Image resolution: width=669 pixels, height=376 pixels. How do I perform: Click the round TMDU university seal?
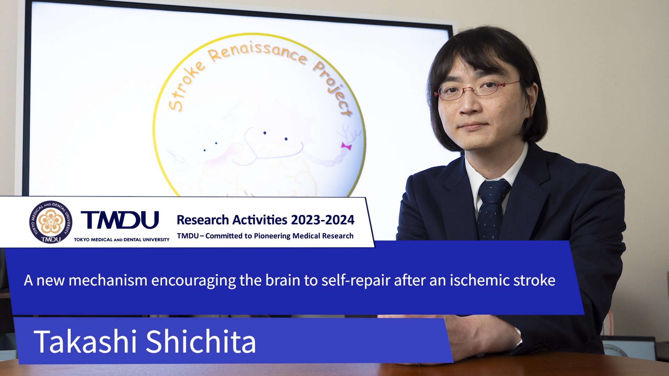click(x=51, y=222)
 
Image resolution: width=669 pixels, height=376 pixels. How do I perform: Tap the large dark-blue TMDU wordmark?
click(x=120, y=220)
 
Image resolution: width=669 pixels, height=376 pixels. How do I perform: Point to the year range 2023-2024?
click(x=323, y=220)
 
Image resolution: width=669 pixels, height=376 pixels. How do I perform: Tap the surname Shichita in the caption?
click(x=201, y=342)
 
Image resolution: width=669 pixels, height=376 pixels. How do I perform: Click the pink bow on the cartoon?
click(x=346, y=146)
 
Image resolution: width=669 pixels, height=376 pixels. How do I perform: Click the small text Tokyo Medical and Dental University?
click(x=122, y=240)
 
